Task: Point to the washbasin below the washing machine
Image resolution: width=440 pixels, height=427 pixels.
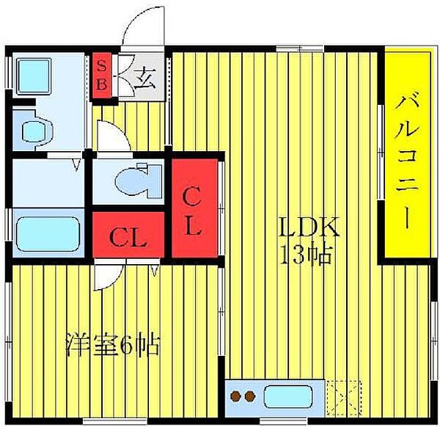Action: [34, 131]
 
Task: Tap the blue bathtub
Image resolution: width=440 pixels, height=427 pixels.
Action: [45, 234]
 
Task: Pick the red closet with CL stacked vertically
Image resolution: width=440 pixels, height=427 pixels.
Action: [192, 210]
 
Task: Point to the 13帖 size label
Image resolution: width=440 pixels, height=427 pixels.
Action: [307, 255]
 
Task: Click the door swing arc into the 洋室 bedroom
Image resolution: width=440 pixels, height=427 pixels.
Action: [109, 275]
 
